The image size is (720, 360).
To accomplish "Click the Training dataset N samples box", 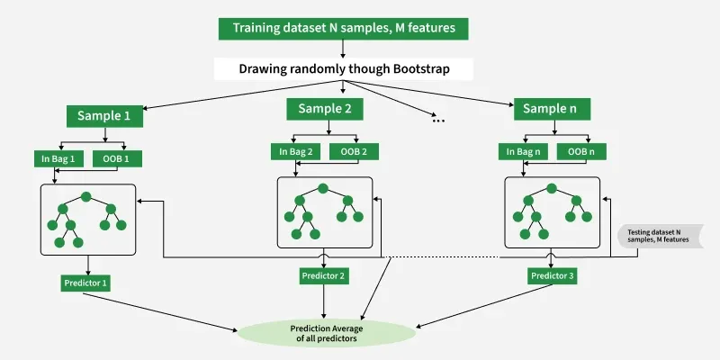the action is coord(344,29).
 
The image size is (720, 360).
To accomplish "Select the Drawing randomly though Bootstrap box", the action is coord(344,69).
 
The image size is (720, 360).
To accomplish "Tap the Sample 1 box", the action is coord(104,116).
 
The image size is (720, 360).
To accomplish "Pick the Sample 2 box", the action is coord(325,109).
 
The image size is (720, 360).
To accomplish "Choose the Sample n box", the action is coord(552,109).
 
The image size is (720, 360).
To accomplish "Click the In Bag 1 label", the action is coord(58,159).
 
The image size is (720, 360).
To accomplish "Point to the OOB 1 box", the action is coord(117,159).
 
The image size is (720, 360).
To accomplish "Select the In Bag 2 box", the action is coord(295,151).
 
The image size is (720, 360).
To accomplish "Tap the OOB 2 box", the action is coord(354,151).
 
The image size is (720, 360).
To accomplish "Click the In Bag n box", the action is coord(523,151).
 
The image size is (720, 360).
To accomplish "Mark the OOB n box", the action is coord(581,151).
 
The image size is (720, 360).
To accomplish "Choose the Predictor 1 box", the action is coord(85,283).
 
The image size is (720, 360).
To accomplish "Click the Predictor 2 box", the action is coord(324,276).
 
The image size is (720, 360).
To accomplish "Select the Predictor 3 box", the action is coord(552,276).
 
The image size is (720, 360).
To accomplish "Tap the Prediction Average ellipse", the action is coord(327,333).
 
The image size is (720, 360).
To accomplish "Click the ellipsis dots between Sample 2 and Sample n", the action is coord(438,121).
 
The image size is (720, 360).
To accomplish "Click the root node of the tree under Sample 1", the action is coord(85,197).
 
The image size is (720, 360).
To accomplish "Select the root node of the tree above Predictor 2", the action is coord(323,188).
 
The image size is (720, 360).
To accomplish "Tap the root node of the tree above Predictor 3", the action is coord(552,188).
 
